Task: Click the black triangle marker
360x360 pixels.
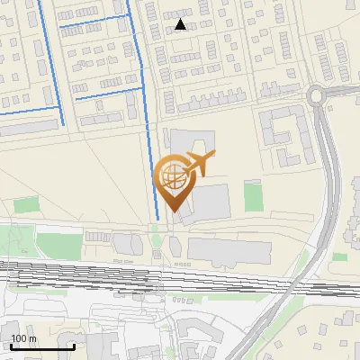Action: pyautogui.click(x=181, y=25)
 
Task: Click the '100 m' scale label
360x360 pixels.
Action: pyautogui.click(x=24, y=338)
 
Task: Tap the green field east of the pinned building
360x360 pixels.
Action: pyautogui.click(x=253, y=196)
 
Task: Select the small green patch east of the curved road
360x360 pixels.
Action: pyautogui.click(x=339, y=257)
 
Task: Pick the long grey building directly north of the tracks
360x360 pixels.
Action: pyautogui.click(x=229, y=250)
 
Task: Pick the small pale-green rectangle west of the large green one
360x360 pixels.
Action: pyautogui.click(x=24, y=204)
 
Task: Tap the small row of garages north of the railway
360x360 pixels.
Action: pyautogui.click(x=97, y=236)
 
